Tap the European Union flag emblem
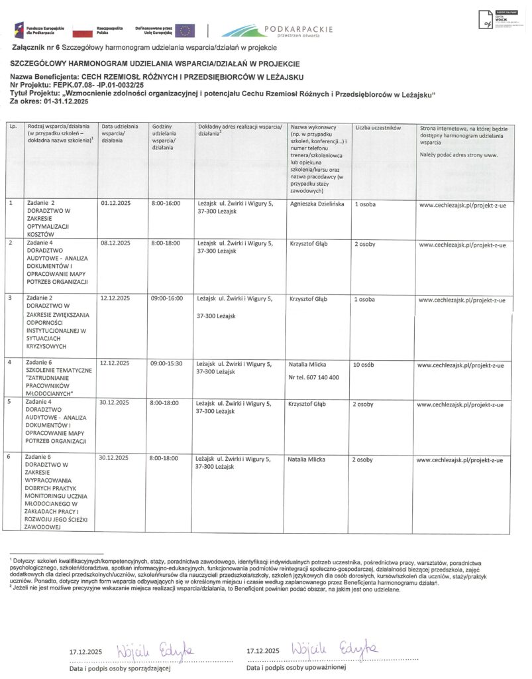tap(186, 31)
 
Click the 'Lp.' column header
tap(13, 127)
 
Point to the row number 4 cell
tap(9, 364)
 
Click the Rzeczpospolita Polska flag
tap(82, 31)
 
